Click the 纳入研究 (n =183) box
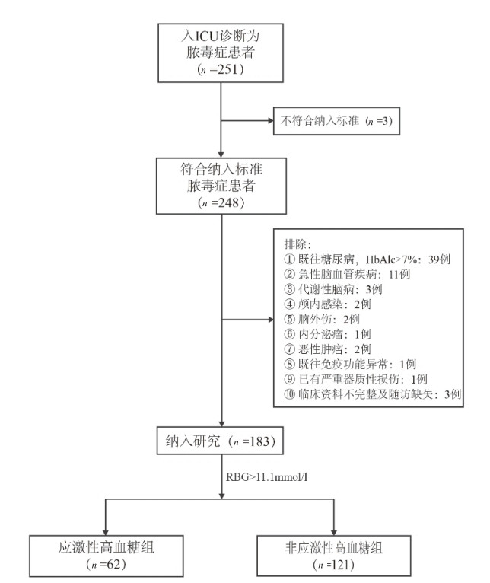pyautogui.click(x=219, y=439)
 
